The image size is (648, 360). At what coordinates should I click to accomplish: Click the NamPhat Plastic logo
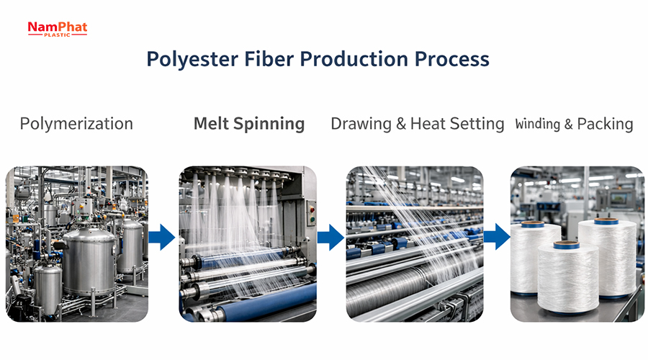(x=57, y=28)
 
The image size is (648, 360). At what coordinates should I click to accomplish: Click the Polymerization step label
(x=76, y=124)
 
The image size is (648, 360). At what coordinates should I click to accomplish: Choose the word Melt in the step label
(x=211, y=124)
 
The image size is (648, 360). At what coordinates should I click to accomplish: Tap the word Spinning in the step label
(x=269, y=124)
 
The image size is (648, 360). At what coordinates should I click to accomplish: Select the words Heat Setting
(x=457, y=124)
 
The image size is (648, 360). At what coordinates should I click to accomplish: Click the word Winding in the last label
(x=538, y=124)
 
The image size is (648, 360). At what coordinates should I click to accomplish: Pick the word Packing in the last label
(x=606, y=124)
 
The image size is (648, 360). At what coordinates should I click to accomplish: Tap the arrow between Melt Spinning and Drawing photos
(x=330, y=237)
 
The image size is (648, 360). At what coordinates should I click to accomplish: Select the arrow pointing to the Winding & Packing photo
(x=497, y=237)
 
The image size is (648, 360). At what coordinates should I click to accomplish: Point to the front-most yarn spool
(x=567, y=277)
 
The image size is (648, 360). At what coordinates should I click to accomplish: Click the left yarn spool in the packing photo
(x=535, y=256)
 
